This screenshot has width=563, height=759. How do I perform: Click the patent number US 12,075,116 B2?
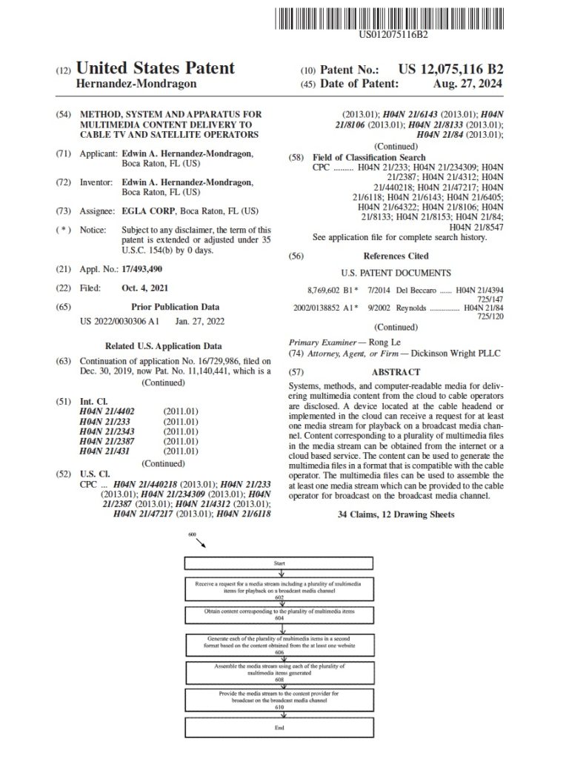point(450,70)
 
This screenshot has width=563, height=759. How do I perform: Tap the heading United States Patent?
point(156,69)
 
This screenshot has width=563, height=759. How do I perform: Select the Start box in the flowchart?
point(279,564)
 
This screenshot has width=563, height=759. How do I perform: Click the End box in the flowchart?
point(279,728)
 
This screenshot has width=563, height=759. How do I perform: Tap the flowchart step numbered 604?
point(279,615)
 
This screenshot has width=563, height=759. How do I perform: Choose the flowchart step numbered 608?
point(279,674)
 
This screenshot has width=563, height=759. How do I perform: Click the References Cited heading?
point(395,255)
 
